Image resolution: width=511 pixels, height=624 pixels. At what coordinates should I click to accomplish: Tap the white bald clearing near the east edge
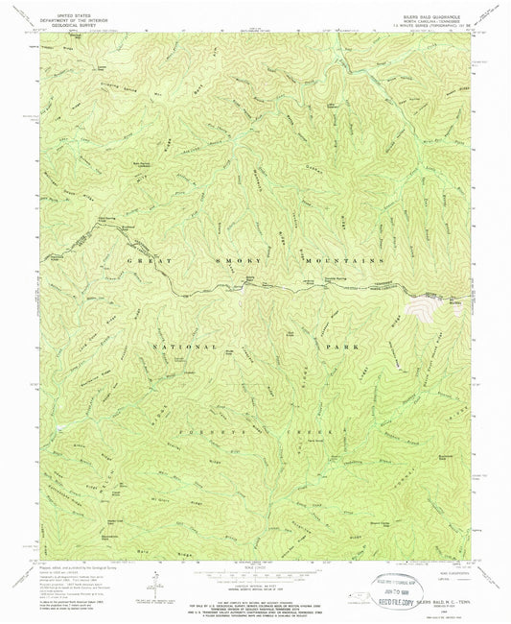click(x=421, y=305)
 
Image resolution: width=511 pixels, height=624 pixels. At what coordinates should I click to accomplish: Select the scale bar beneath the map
click(x=254, y=570)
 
